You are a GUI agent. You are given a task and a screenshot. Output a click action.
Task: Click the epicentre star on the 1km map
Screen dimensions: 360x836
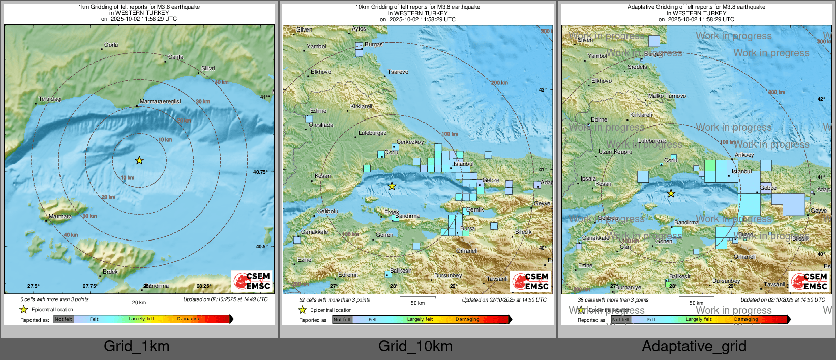(139, 161)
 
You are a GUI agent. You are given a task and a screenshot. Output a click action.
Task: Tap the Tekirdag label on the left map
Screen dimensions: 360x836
(50, 99)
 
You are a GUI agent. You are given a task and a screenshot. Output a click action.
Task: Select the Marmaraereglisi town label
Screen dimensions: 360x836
(160, 101)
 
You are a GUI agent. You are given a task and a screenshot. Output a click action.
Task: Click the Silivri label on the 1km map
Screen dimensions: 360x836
(208, 68)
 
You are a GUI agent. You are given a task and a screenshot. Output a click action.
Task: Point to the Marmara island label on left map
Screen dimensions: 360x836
(60, 217)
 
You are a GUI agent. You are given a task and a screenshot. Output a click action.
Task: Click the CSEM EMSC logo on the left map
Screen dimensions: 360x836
(252, 281)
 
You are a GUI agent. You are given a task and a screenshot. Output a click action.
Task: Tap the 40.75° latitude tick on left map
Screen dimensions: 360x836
(260, 172)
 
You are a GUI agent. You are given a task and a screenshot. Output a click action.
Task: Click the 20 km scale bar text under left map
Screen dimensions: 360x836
(139, 302)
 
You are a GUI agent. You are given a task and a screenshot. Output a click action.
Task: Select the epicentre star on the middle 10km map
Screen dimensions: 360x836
(392, 186)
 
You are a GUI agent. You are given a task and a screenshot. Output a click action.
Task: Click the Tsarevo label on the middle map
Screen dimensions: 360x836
(398, 72)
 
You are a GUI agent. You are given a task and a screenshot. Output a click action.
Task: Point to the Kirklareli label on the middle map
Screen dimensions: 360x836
(362, 106)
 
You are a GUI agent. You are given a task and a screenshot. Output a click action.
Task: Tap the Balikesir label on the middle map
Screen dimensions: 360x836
(401, 271)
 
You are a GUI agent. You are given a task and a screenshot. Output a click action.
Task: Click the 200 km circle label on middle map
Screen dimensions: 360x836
(499, 83)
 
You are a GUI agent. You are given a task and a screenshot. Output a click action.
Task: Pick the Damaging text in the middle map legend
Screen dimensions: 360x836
(467, 319)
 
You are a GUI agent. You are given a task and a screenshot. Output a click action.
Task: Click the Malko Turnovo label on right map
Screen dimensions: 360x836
(667, 96)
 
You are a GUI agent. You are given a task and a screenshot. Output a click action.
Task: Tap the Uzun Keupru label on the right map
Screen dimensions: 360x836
(615, 152)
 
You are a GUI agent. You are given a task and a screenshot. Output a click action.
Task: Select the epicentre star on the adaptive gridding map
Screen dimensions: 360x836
(671, 193)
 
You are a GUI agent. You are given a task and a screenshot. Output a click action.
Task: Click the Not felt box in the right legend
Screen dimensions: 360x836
(620, 320)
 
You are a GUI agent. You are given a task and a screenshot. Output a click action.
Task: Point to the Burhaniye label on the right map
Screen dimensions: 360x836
(629, 287)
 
